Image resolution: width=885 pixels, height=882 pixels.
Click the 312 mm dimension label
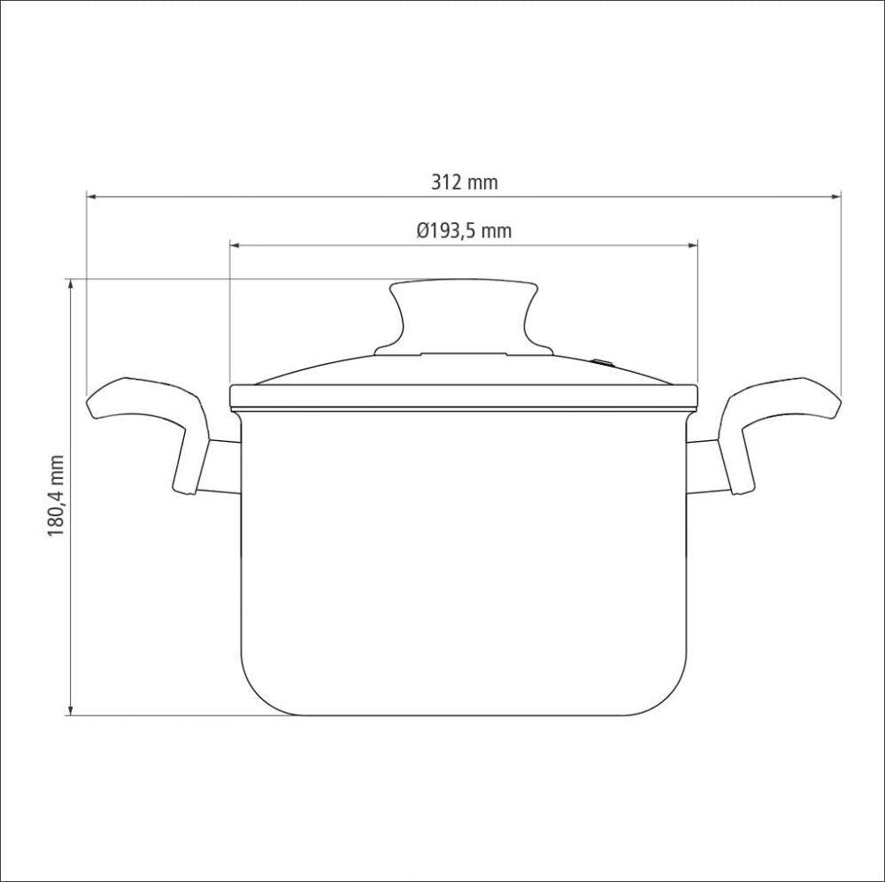coord(465,182)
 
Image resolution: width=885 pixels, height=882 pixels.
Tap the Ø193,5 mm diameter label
coord(464,231)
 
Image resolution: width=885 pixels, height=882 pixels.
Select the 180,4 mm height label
coord(56,496)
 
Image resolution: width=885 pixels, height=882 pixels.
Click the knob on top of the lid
coord(464,317)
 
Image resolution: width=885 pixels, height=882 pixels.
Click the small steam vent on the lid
coord(602,362)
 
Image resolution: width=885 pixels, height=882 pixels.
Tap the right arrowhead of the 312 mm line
coord(835,197)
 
